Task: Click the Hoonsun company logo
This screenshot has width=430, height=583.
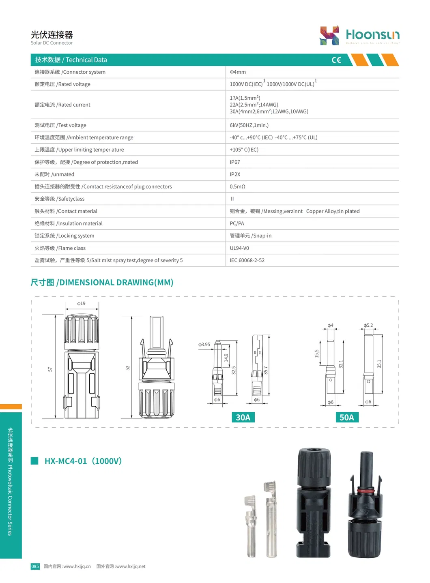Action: click(x=359, y=35)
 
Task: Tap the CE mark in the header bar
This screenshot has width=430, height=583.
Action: click(x=336, y=60)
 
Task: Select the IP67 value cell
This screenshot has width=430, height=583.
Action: click(x=235, y=162)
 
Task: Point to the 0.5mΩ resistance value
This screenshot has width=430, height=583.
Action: click(x=237, y=186)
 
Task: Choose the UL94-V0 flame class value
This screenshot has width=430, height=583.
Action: click(x=239, y=248)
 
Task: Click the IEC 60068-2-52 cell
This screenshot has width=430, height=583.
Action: click(x=247, y=260)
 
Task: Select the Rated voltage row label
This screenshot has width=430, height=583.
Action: click(x=62, y=84)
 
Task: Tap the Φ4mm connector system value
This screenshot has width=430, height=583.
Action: click(x=238, y=72)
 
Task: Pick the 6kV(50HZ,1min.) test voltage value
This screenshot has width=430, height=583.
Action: click(x=249, y=125)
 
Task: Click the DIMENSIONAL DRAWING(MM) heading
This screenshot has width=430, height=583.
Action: click(x=102, y=283)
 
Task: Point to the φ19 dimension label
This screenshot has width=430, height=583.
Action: click(x=82, y=303)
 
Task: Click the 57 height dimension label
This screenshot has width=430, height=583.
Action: click(x=50, y=369)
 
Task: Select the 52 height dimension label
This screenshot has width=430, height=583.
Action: click(x=127, y=368)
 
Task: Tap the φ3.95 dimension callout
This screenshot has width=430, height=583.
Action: click(x=204, y=345)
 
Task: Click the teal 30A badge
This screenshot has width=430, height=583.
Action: click(x=243, y=417)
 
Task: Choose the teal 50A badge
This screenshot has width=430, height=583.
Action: click(x=347, y=417)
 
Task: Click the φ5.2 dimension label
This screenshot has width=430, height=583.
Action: click(x=368, y=325)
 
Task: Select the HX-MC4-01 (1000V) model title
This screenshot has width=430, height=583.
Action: click(x=83, y=461)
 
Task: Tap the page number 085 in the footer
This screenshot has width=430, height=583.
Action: click(x=35, y=566)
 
